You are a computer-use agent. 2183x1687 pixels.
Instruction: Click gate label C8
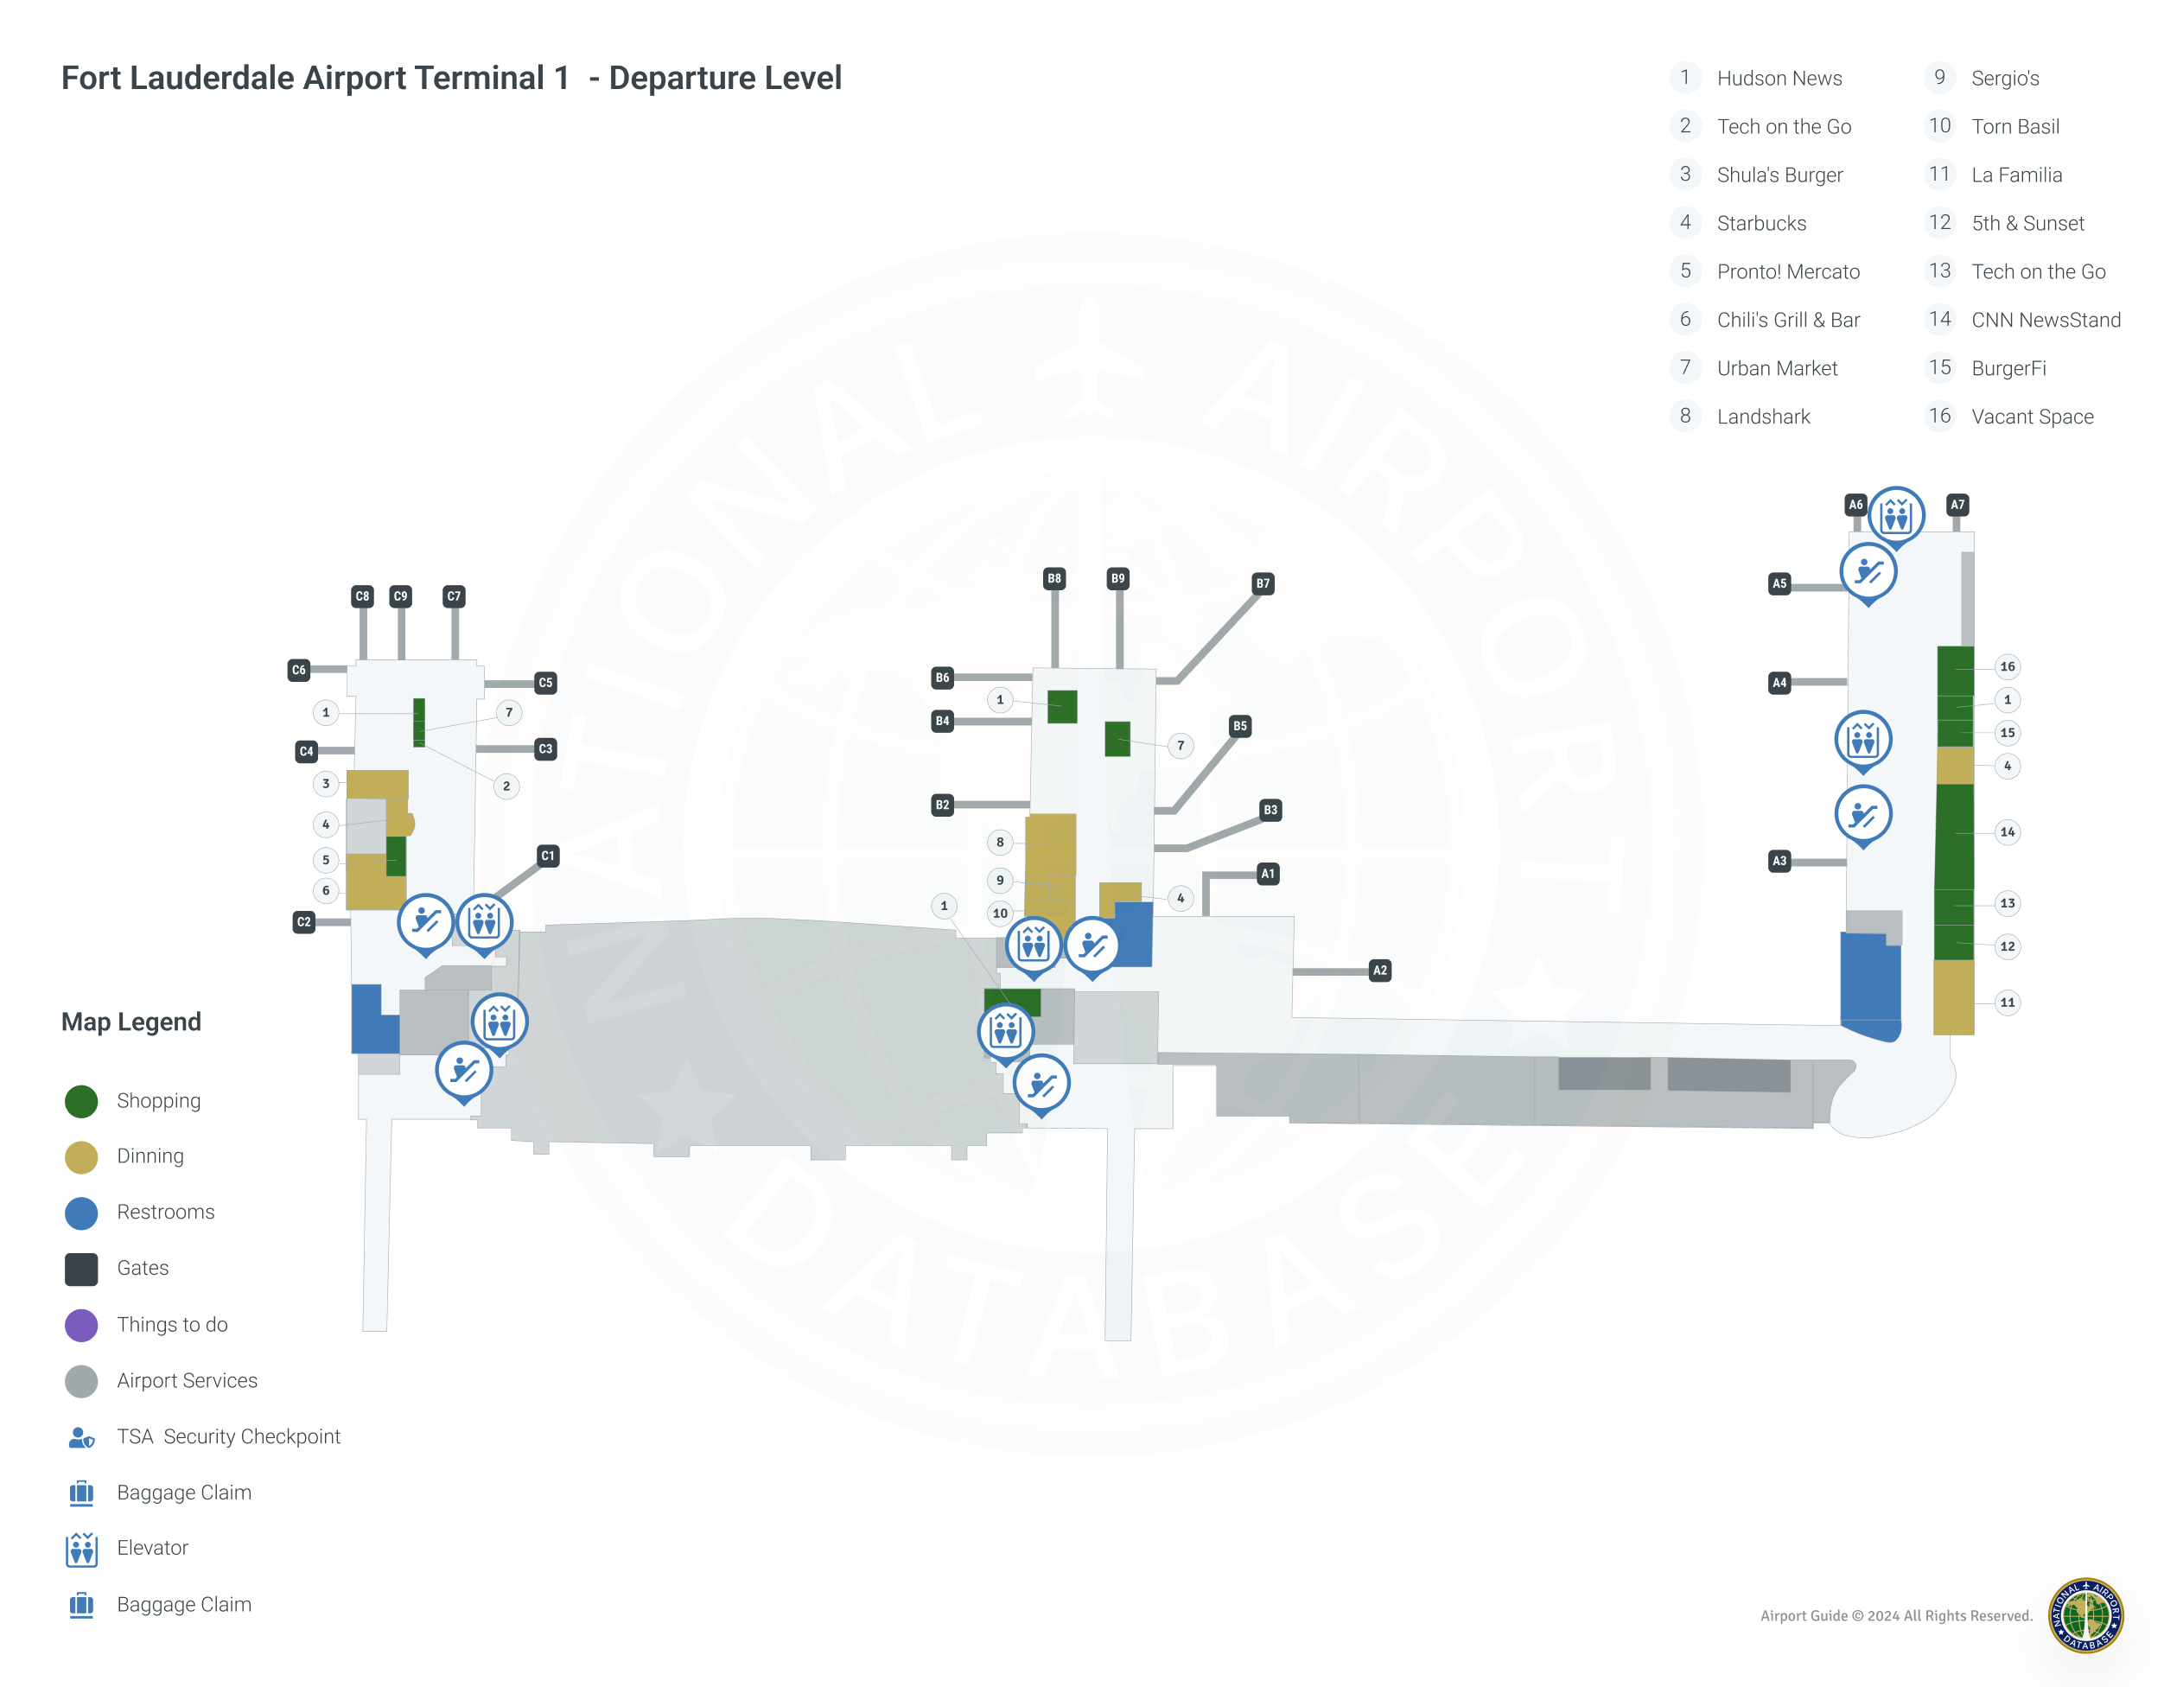click(x=362, y=596)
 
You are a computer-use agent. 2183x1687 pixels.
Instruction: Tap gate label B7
click(x=1263, y=583)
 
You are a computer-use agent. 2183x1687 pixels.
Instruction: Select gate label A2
click(x=1379, y=971)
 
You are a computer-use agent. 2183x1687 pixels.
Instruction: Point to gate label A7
click(x=1957, y=505)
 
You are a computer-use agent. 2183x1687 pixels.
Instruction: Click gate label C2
click(x=304, y=921)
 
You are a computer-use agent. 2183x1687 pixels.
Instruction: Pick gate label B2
click(x=942, y=805)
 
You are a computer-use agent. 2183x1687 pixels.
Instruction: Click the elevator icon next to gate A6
click(x=1895, y=516)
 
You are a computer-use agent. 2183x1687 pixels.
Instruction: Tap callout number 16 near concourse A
click(x=2007, y=666)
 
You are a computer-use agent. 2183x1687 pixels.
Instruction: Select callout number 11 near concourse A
click(x=2007, y=1003)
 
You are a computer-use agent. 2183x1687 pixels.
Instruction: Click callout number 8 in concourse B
click(x=1000, y=842)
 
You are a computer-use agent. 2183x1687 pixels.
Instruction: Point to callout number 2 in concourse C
click(x=506, y=786)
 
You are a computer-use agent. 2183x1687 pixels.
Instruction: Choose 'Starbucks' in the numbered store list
click(x=1761, y=223)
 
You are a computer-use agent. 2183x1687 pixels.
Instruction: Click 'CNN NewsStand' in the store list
click(x=2045, y=320)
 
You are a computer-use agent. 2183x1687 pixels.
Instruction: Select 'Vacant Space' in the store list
click(x=2031, y=417)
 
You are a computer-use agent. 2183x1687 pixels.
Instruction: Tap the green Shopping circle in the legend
click(x=81, y=1100)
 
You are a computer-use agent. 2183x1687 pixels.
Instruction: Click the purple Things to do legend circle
click(x=81, y=1324)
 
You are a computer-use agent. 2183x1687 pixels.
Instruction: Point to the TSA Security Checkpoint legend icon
click(x=81, y=1437)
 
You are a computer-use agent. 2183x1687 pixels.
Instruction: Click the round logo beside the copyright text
click(x=2085, y=1615)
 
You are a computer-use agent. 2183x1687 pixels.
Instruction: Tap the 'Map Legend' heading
click(x=131, y=1022)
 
